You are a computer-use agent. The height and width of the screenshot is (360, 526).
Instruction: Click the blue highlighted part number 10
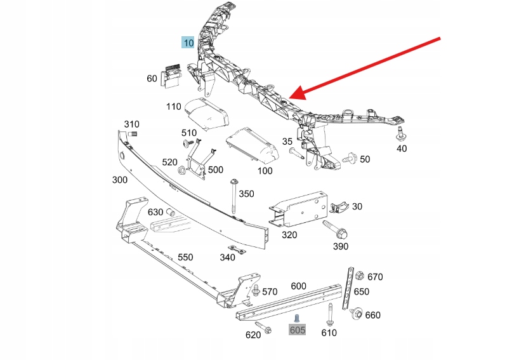pos(188,43)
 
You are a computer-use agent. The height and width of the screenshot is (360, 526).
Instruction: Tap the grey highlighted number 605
pos(298,330)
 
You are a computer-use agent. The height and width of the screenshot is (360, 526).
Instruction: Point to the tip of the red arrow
pos(293,98)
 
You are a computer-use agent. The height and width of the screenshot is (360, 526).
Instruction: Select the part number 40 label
pos(402,149)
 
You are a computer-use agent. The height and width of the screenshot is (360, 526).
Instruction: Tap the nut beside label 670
pos(358,276)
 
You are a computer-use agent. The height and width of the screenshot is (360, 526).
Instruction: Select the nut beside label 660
pos(357,313)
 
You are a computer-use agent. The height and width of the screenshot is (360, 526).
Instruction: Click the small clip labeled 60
pos(172,75)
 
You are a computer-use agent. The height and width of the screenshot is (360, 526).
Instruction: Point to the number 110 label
pos(174,107)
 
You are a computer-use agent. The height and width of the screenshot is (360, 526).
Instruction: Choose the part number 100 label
pos(265,170)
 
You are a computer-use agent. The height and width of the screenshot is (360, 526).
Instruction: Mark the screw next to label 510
pos(188,145)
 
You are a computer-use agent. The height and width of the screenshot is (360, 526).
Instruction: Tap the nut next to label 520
pos(181,170)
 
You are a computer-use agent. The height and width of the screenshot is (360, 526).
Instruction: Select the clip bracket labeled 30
pos(339,206)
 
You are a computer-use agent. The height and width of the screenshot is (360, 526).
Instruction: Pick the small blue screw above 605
pos(296,317)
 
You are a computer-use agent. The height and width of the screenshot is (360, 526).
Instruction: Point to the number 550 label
pos(185,257)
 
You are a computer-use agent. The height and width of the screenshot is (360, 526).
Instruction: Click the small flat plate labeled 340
pos(237,250)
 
